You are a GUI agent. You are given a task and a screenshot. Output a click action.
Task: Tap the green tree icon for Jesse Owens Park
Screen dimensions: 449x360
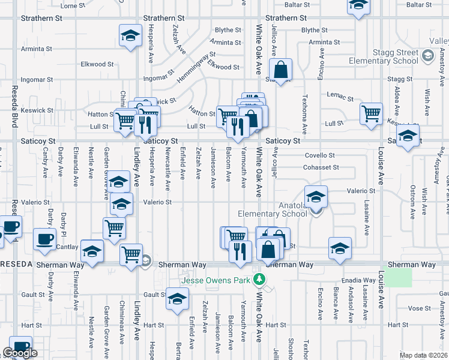tap(259, 279)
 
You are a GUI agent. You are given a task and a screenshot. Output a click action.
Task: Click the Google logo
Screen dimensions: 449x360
tap(20, 353)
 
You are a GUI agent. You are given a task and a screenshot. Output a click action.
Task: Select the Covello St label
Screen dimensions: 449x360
tap(319, 155)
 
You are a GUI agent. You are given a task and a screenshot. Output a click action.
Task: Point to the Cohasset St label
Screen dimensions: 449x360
tap(322, 167)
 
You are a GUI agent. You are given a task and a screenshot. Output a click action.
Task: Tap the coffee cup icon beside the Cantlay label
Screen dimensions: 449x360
tap(44, 239)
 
